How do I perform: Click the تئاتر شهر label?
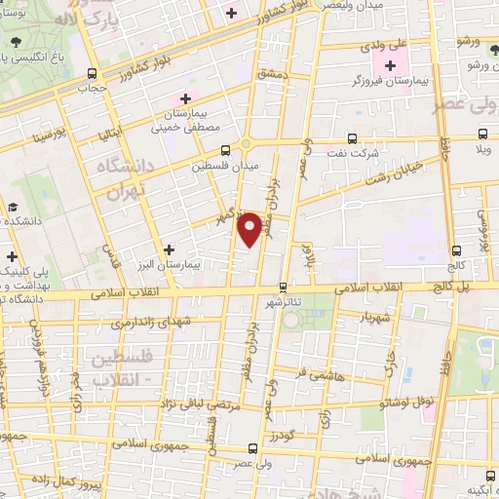(283, 302)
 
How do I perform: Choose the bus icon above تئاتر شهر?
(283, 288)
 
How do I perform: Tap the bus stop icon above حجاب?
(91, 73)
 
